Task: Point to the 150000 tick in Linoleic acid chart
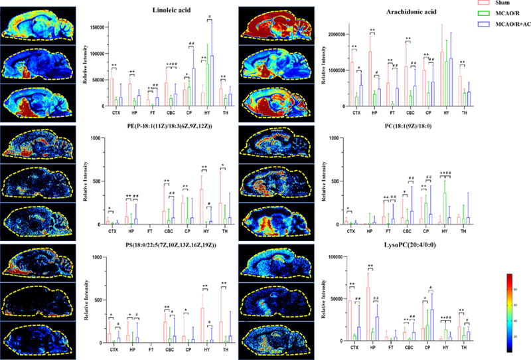click(x=94, y=29)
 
